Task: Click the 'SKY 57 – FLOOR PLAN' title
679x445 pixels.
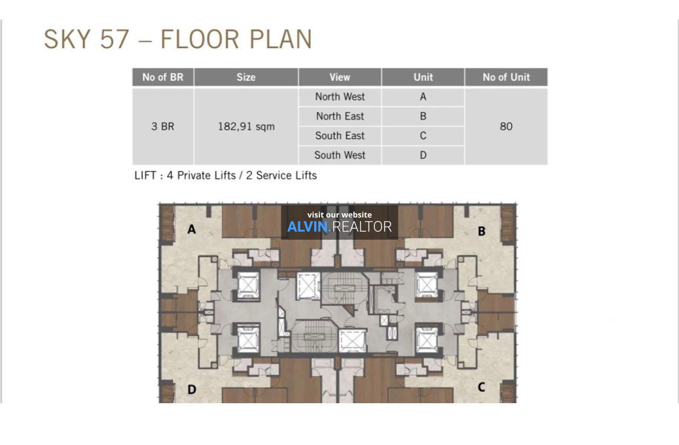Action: [178, 39]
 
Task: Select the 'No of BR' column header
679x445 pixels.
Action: [163, 77]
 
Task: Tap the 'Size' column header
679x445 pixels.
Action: [246, 77]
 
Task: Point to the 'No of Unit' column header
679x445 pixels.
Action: [506, 77]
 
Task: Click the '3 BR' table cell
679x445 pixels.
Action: [163, 126]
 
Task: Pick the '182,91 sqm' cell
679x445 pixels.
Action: [246, 126]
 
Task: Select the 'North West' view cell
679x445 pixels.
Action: [340, 97]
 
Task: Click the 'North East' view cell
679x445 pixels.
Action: [340, 116]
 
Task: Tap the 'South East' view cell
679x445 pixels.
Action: [340, 135]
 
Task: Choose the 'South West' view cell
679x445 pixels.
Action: [340, 156]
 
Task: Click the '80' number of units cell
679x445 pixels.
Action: [506, 126]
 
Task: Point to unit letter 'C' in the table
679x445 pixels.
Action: [423, 135]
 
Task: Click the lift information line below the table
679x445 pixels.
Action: [225, 175]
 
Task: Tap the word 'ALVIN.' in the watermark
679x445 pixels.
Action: [309, 227]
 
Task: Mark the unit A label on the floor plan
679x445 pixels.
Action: [191, 229]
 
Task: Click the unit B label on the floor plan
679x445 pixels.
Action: [481, 231]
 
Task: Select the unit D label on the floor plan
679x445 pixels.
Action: [191, 389]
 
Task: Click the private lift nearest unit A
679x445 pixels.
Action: [248, 285]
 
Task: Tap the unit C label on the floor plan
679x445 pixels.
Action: [481, 387]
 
